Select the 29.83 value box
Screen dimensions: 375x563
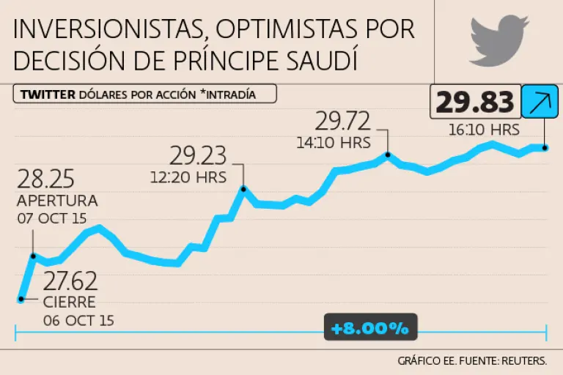[x=475, y=103]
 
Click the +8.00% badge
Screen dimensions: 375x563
[x=370, y=328]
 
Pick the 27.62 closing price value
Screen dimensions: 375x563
[x=70, y=281]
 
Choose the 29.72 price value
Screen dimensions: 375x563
[x=344, y=120]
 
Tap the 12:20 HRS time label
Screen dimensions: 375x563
[x=188, y=177]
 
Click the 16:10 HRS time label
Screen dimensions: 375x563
[x=483, y=130]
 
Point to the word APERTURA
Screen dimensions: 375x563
[x=57, y=201]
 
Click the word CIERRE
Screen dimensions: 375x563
[x=69, y=302]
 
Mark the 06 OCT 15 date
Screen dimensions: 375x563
[x=78, y=320]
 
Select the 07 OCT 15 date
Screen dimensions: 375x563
[x=53, y=218]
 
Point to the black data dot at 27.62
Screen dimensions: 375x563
[x=21, y=299]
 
